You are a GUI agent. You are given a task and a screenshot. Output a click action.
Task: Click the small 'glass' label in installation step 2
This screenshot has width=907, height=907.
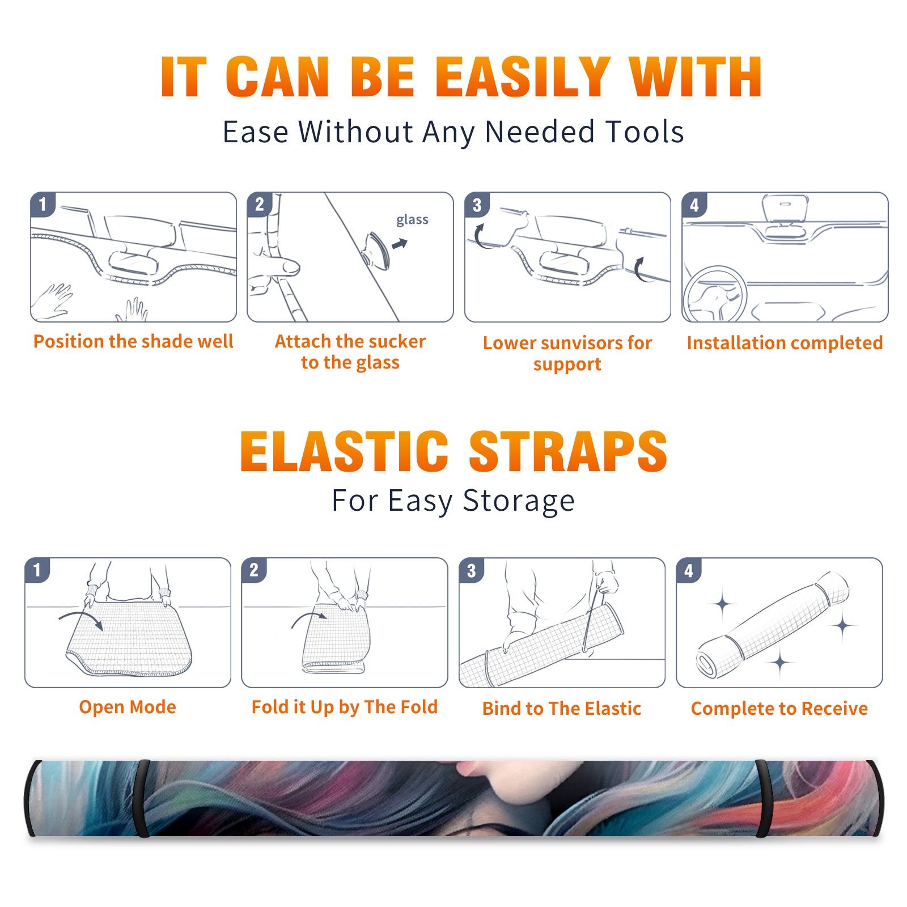412,220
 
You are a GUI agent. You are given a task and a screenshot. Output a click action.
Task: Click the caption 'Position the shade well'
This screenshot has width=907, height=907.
133,341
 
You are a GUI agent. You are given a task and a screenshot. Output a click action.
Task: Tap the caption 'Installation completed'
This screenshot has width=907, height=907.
785,343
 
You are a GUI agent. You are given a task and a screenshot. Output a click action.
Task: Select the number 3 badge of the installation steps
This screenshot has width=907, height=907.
477,205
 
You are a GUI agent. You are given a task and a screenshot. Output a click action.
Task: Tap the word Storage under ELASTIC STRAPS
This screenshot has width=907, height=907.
519,501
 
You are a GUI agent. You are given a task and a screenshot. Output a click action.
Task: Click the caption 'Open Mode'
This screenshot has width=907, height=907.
128,707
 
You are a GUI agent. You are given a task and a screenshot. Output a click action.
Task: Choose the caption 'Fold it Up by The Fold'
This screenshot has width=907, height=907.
345,707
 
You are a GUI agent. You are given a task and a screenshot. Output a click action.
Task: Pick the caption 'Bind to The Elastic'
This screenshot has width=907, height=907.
562,709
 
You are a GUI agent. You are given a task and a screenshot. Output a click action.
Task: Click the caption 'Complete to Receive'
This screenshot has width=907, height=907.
779,709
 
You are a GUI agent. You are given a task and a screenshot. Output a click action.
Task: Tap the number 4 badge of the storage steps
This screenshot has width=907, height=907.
689,570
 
